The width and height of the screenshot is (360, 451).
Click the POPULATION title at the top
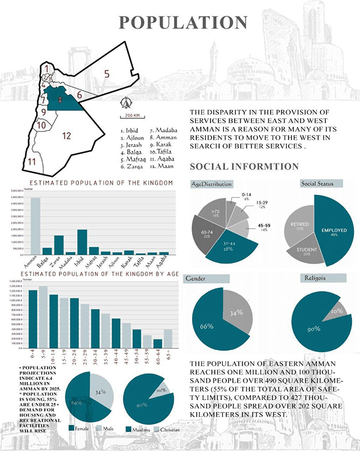[183, 22]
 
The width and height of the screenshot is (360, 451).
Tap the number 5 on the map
[107, 74]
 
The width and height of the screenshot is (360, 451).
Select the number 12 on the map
[66, 136]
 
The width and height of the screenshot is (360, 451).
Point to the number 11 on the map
[32, 162]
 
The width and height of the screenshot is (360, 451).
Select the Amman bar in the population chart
[36, 226]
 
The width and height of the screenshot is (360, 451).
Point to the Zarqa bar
[59, 245]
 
